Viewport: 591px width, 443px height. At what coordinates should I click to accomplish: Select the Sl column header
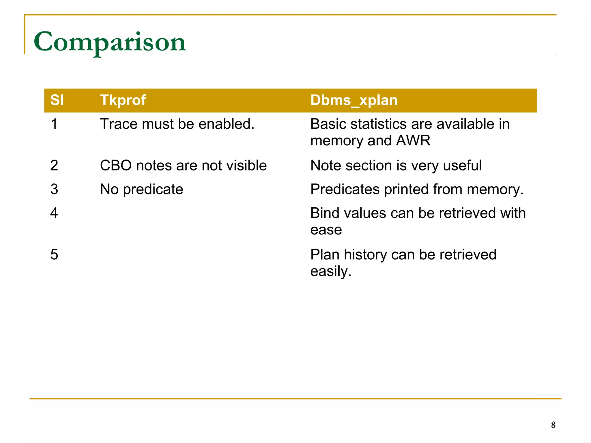pyautogui.click(x=57, y=100)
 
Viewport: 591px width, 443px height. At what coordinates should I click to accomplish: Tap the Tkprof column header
pyautogui.click(x=123, y=100)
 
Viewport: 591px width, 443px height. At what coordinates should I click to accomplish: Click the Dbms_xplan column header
pyautogui.click(x=354, y=100)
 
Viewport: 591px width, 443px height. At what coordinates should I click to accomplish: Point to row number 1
pyautogui.click(x=54, y=124)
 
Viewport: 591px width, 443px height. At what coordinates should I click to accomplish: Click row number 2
pyautogui.click(x=54, y=166)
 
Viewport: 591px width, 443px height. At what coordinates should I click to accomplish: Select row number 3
pyautogui.click(x=54, y=189)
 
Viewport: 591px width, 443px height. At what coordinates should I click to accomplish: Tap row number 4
pyautogui.click(x=54, y=213)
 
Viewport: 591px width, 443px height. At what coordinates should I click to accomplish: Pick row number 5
pyautogui.click(x=54, y=255)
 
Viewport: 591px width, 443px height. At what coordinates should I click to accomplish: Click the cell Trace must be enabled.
pyautogui.click(x=177, y=124)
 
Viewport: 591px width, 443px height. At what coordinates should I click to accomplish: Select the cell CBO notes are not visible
pyautogui.click(x=183, y=166)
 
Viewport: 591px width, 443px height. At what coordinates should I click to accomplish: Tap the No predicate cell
pyautogui.click(x=141, y=189)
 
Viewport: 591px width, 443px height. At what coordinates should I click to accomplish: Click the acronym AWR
pyautogui.click(x=413, y=141)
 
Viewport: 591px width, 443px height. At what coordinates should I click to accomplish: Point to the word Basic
pyautogui.click(x=328, y=124)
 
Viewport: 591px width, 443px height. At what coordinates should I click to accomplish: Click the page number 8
pyautogui.click(x=553, y=425)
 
